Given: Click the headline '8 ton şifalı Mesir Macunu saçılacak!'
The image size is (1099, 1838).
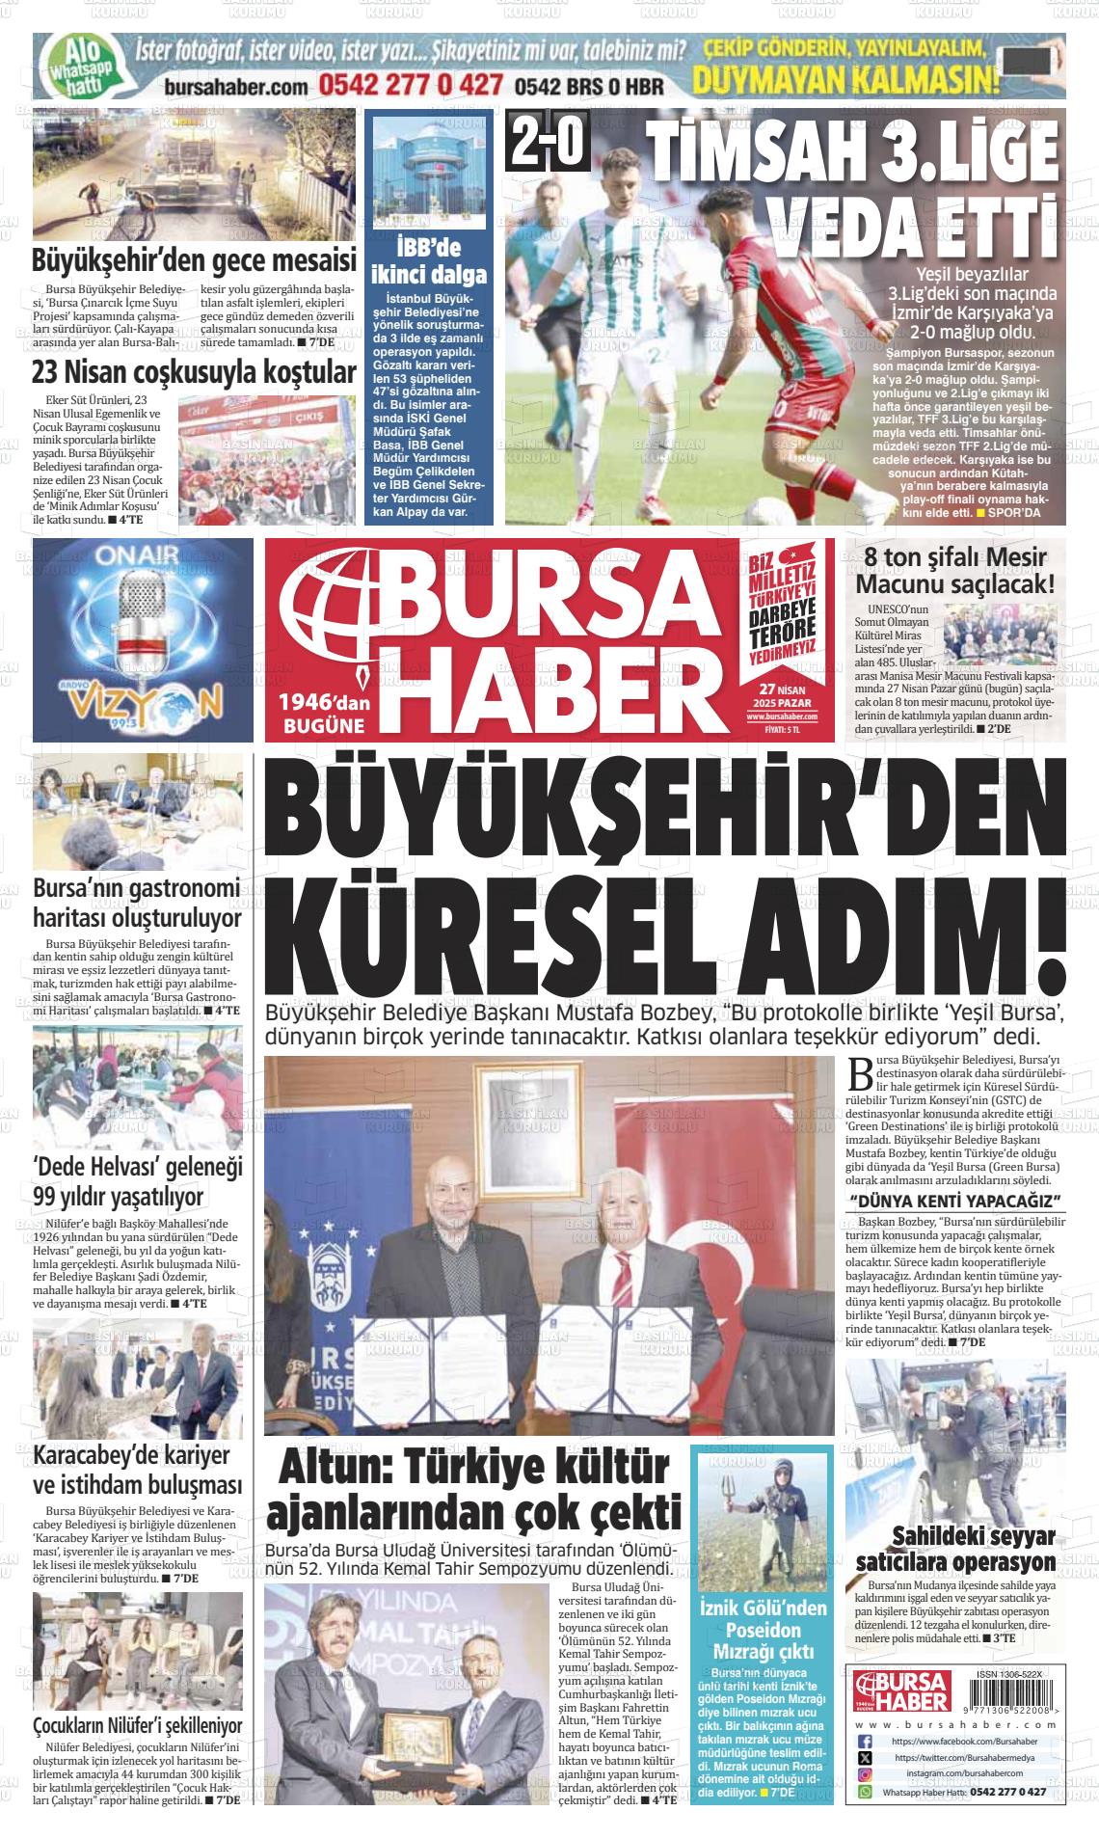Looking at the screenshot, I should [x=954, y=571].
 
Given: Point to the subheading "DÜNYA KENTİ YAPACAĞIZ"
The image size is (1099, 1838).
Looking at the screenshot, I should [x=954, y=1200].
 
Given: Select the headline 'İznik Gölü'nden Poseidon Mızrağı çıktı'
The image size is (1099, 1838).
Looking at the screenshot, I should [x=763, y=1632].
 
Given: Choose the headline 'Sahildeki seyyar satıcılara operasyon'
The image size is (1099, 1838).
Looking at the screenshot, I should [x=954, y=1549].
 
